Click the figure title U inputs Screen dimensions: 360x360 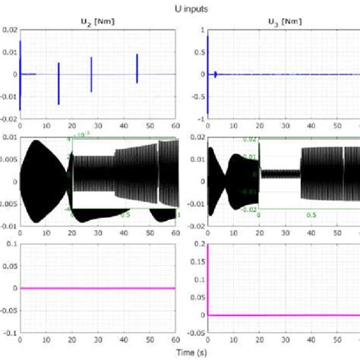(x=180, y=8)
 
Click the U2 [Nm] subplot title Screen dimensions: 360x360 (x=97, y=23)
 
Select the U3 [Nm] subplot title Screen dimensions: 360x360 (x=283, y=23)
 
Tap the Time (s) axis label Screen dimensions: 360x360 (x=180, y=352)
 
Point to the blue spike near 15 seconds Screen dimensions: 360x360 (x=58, y=84)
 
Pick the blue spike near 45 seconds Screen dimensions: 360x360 (x=137, y=68)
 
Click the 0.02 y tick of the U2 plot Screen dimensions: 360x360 (x=9, y=30)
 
